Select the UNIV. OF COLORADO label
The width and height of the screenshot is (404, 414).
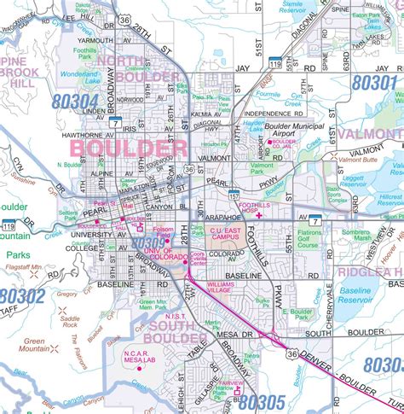tap(171, 255)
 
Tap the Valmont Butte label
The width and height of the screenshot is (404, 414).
tap(358, 160)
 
